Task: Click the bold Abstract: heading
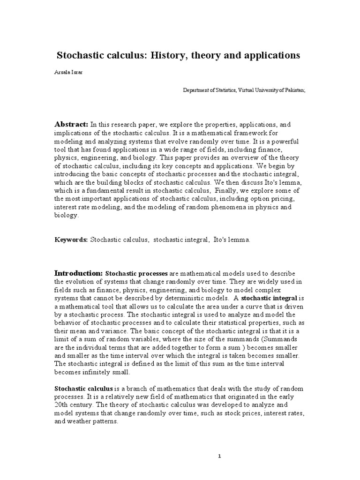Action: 72,124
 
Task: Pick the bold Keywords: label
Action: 71,240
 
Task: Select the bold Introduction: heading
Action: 78,273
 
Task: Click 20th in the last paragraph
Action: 63,405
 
